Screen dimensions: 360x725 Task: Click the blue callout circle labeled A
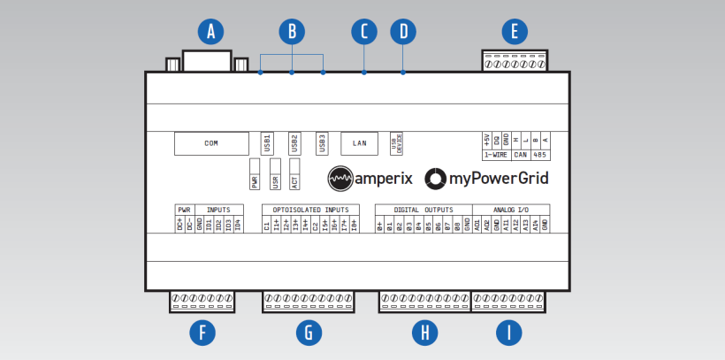click(x=210, y=32)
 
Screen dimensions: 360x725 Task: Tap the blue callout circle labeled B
click(x=291, y=32)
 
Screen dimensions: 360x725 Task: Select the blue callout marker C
click(x=363, y=32)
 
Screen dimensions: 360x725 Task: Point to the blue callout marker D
click(x=403, y=32)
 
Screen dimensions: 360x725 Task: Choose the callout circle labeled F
click(x=203, y=333)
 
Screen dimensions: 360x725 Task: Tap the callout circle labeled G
click(x=308, y=333)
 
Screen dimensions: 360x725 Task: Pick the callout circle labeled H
click(x=425, y=333)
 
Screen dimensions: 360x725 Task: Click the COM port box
click(x=211, y=142)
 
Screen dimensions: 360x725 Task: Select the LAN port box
click(x=359, y=142)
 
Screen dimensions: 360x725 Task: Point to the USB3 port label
click(x=323, y=142)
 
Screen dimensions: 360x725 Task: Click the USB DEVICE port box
click(x=396, y=143)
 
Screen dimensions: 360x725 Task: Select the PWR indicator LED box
click(x=255, y=172)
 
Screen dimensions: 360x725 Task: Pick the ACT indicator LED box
click(x=295, y=172)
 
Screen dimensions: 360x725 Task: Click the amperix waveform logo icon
click(x=340, y=178)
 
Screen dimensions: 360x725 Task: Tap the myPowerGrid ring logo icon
click(x=436, y=178)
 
